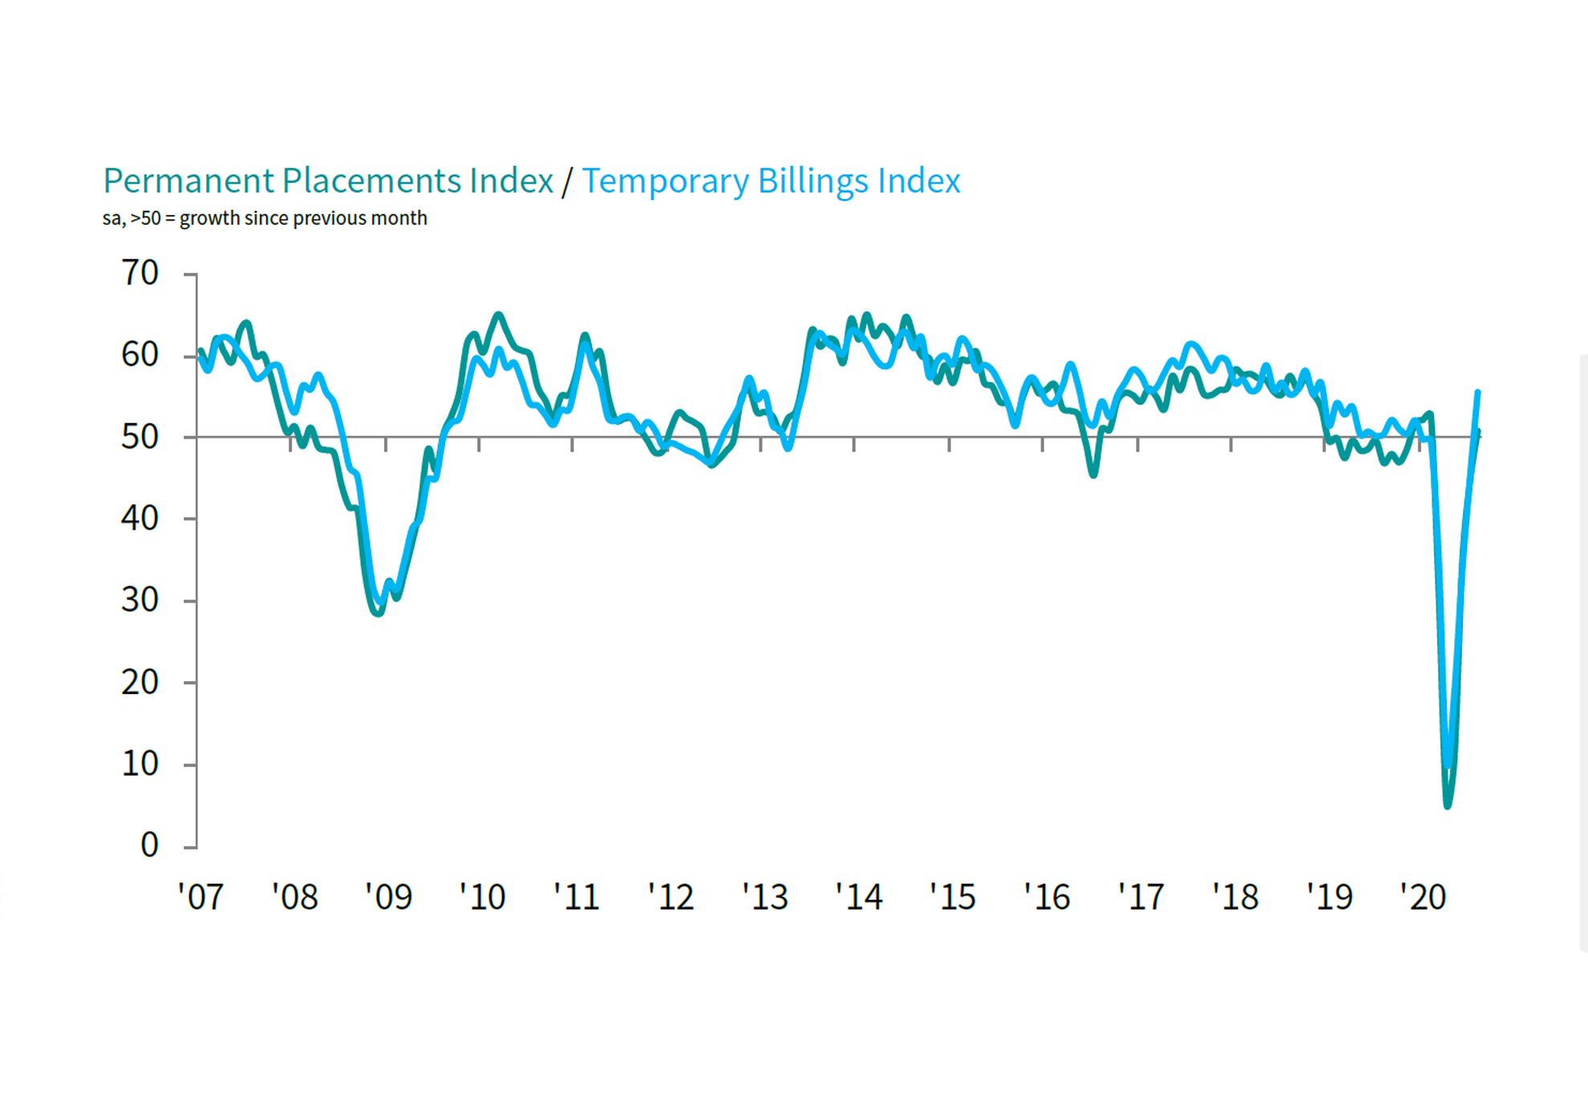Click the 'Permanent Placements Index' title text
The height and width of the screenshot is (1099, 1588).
click(328, 181)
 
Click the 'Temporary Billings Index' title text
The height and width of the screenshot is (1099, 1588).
click(771, 181)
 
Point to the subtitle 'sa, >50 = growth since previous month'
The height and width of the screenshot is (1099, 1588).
click(265, 218)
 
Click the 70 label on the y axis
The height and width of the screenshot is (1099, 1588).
click(140, 274)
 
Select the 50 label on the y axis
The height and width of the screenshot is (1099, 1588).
click(140, 437)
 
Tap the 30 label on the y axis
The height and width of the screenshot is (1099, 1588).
click(140, 600)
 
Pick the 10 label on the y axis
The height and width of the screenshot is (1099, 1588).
click(140, 764)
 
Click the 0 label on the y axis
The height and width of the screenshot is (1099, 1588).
click(149, 846)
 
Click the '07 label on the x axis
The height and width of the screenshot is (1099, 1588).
click(201, 897)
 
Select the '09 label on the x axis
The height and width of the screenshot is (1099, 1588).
click(388, 897)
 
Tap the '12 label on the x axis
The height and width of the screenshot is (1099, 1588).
click(670, 897)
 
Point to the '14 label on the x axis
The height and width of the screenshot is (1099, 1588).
click(858, 897)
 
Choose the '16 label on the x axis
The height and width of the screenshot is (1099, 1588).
click(1047, 897)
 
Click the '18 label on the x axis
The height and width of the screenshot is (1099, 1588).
click(1235, 897)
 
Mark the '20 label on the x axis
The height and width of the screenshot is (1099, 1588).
click(1423, 897)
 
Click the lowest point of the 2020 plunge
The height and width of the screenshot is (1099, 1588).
click(1448, 805)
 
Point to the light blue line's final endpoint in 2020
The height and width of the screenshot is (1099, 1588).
click(1478, 392)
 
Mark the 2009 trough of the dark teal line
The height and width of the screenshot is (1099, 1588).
click(379, 614)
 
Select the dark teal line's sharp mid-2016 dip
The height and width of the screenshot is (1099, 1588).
click(1094, 475)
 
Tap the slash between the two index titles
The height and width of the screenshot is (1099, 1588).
click(567, 181)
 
